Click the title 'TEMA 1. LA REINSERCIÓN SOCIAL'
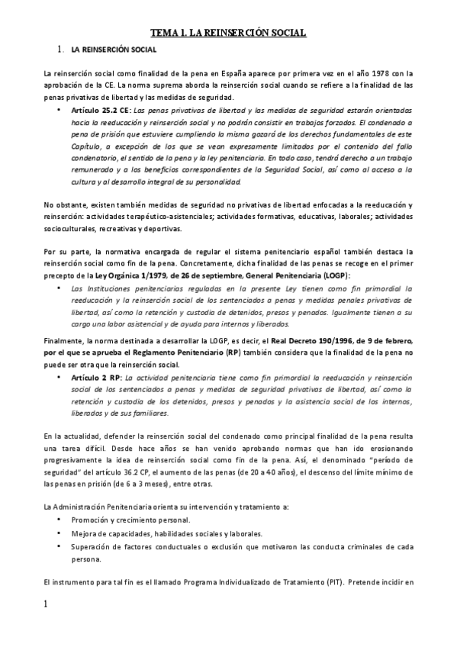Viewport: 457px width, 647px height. coord(228,33)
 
